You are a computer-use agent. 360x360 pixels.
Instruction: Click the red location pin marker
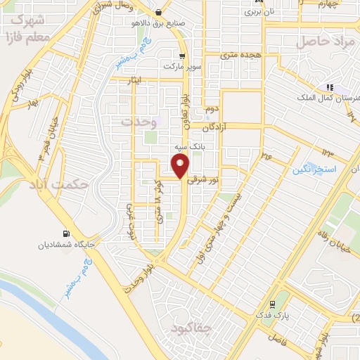[x=181, y=167]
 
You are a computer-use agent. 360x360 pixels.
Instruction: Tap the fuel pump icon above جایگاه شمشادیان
[x=67, y=233]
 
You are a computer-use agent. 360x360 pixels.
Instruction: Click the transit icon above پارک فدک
[x=272, y=304]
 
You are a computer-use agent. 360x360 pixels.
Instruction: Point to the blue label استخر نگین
[x=316, y=170]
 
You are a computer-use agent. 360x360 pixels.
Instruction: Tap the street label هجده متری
[x=240, y=54]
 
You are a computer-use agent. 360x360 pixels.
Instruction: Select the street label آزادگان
[x=217, y=129]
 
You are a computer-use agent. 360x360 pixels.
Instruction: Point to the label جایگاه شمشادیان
[x=67, y=245]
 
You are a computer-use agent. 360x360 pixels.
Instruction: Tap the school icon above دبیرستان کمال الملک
[x=328, y=87]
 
